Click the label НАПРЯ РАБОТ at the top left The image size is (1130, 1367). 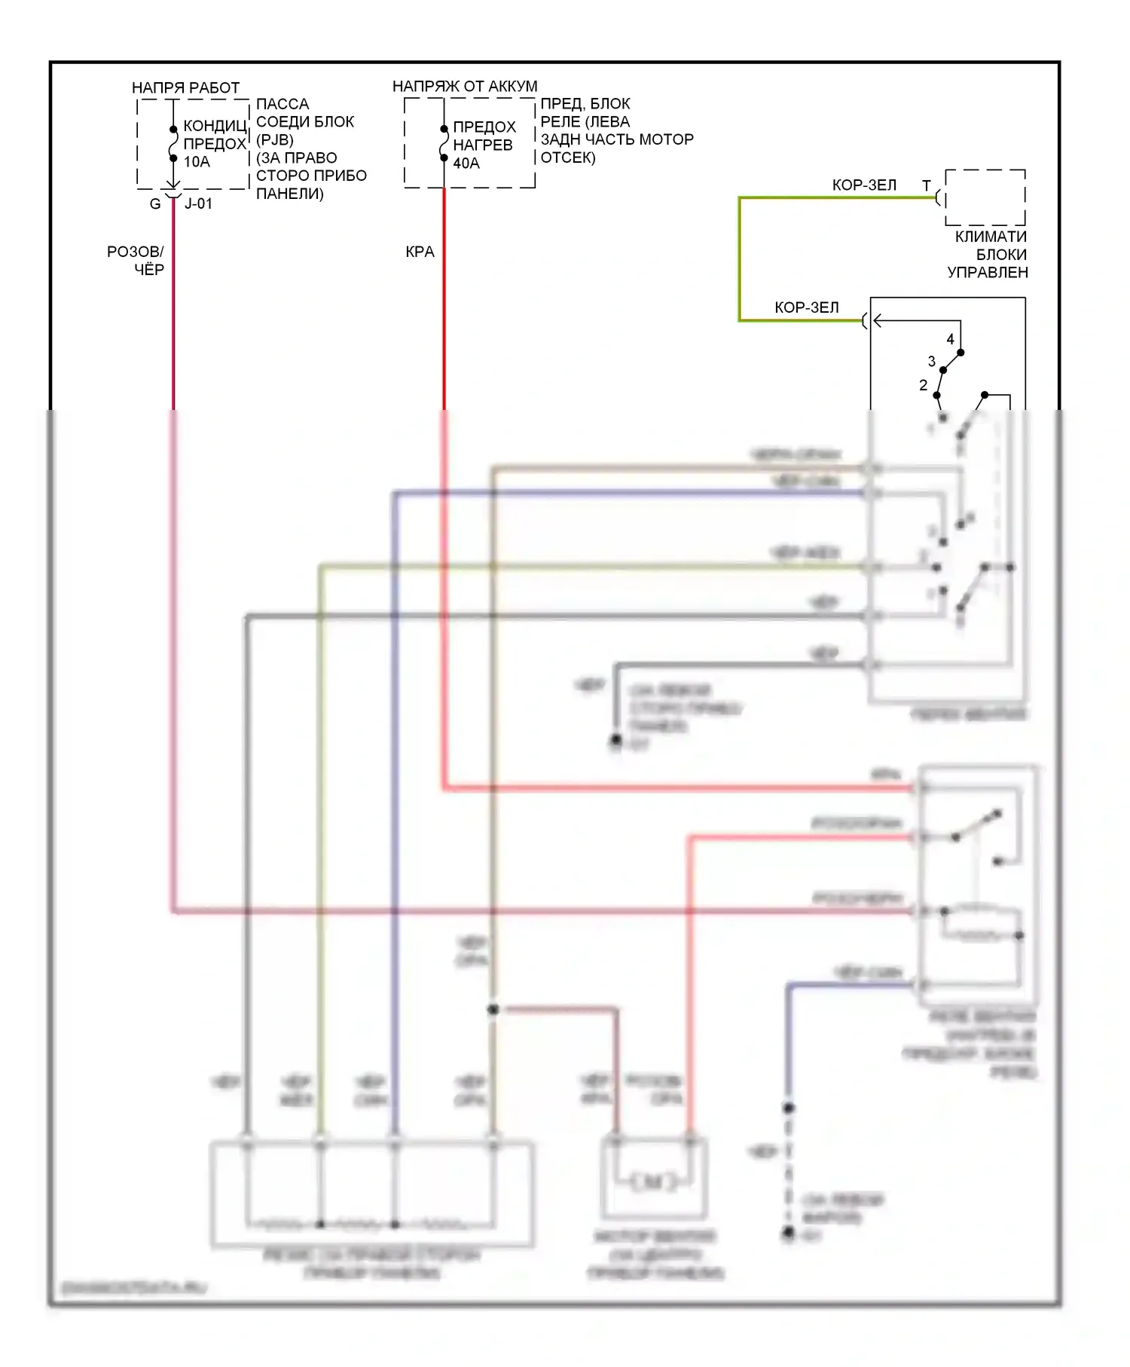(185, 88)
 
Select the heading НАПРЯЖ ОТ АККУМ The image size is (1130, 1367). (465, 87)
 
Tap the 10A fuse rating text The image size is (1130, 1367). (197, 162)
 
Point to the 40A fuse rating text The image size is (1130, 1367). (466, 164)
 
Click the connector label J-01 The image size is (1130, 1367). (199, 204)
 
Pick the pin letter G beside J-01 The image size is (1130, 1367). (155, 204)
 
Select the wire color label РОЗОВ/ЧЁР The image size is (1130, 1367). (136, 261)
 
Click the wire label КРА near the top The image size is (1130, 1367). (420, 252)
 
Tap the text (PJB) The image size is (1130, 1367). (275, 140)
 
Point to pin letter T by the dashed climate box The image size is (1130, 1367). (927, 185)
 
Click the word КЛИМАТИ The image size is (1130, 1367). (991, 237)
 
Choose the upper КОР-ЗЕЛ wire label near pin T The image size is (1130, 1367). (864, 185)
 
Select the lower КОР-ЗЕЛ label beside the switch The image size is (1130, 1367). (807, 307)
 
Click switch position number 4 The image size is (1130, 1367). (950, 340)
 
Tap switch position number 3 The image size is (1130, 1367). (932, 362)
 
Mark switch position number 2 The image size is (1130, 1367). (924, 386)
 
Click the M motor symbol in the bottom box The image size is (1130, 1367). (654, 1182)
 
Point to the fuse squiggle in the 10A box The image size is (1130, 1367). (173, 144)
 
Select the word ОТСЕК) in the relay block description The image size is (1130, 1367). (568, 158)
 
